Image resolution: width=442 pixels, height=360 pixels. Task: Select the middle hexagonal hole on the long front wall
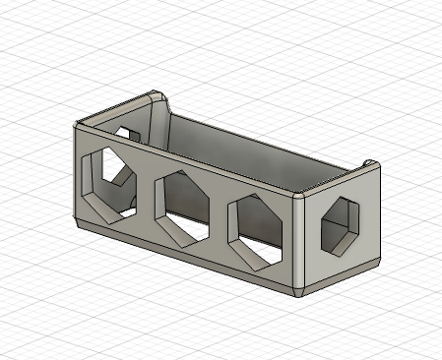(183, 208)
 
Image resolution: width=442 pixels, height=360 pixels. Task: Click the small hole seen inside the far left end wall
(125, 132)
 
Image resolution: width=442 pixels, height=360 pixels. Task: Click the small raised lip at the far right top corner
(370, 162)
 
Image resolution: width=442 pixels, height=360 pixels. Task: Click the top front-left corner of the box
(77, 123)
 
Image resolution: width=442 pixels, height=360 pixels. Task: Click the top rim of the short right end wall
(340, 180)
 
